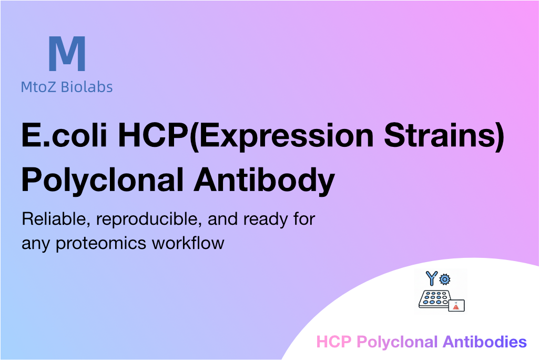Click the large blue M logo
pos(67,53)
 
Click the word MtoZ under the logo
pos(38,87)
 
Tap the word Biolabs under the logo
pos(87,87)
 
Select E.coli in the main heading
pos(65,135)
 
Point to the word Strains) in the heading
pos(444,136)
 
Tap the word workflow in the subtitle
pos(188,243)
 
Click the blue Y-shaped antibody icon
pos(431,278)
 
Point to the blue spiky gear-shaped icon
pos(445,279)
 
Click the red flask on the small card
pos(456,306)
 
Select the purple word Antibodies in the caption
pos(485,342)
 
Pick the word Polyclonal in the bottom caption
pos(397,343)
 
